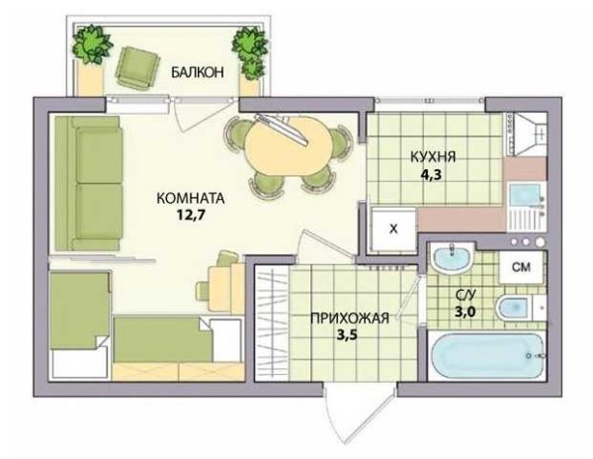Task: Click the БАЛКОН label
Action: coord(198,72)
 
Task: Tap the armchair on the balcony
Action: coord(137,66)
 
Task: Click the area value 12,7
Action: coord(191,215)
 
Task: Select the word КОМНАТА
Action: coord(191,198)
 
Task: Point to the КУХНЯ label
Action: coord(433,157)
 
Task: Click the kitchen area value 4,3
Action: coord(431,174)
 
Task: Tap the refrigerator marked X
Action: coord(393,229)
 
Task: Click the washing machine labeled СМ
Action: coord(522,267)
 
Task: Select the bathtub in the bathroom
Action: coord(487,356)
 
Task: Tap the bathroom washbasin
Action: coord(453,257)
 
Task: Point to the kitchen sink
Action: coord(525,195)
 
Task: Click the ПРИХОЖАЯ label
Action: coord(350,319)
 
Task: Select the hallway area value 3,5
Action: coord(347,335)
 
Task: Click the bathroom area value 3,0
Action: coord(465,313)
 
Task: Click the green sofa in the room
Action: coord(88,183)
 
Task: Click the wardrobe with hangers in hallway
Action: coord(272,322)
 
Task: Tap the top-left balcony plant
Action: coord(92,45)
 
